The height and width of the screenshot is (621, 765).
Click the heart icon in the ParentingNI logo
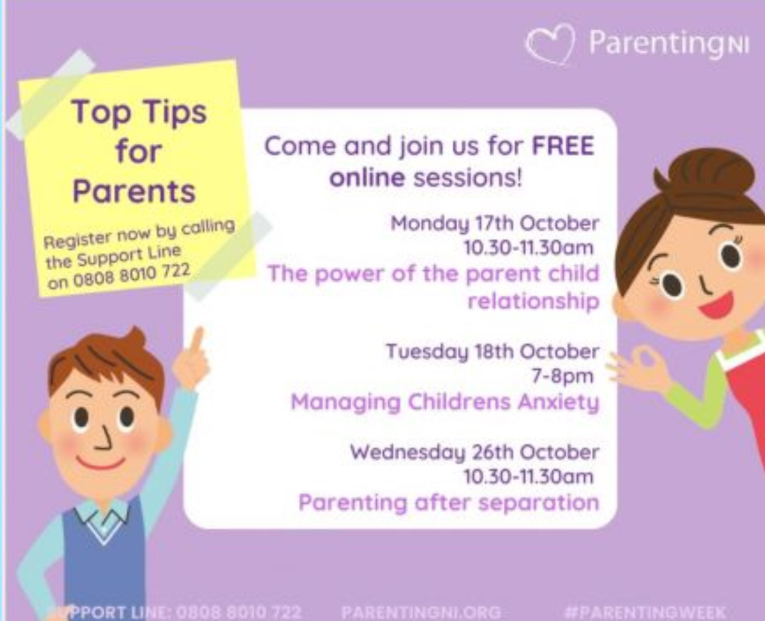pyautogui.click(x=550, y=43)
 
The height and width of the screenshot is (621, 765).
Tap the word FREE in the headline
pyautogui.click(x=563, y=146)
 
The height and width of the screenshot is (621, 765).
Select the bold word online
pyautogui.click(x=367, y=178)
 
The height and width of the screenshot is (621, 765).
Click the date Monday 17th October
pyautogui.click(x=494, y=223)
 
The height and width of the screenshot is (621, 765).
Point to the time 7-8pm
pyautogui.click(x=562, y=376)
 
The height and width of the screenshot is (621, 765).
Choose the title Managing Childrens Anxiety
pyautogui.click(x=444, y=402)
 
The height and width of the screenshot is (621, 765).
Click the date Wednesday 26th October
pyautogui.click(x=474, y=452)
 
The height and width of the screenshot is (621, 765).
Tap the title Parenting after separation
pyautogui.click(x=448, y=502)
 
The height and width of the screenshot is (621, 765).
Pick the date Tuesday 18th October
pyautogui.click(x=492, y=351)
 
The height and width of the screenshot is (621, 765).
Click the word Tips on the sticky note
pyautogui.click(x=174, y=113)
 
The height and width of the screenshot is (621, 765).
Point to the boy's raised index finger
pyautogui.click(x=197, y=339)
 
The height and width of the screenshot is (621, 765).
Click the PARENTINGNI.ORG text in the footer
pyautogui.click(x=421, y=612)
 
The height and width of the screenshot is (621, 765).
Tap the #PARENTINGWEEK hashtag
pyautogui.click(x=645, y=612)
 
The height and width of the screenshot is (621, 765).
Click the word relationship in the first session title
pyautogui.click(x=532, y=301)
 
